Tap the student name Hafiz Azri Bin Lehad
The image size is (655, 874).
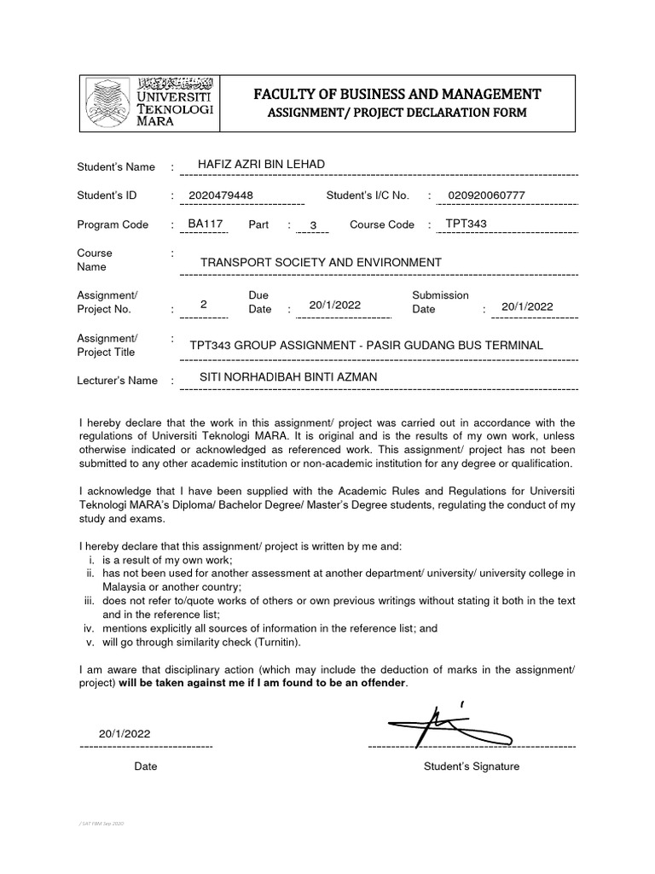pyautogui.click(x=261, y=165)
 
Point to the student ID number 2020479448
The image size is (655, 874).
pyautogui.click(x=221, y=195)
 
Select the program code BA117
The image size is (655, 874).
pyautogui.click(x=205, y=224)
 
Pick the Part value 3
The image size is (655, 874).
pyautogui.click(x=314, y=226)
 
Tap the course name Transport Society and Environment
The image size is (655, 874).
pyautogui.click(x=321, y=262)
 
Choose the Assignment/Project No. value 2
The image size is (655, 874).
pyautogui.click(x=203, y=305)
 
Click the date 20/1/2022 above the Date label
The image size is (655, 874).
pyautogui.click(x=125, y=733)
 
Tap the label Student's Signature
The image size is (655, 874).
pyautogui.click(x=471, y=766)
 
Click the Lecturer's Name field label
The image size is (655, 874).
pyautogui.click(x=117, y=381)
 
